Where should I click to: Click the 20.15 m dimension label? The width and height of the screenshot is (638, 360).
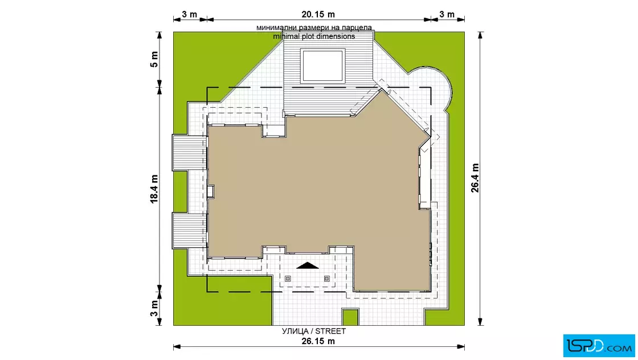(318, 14)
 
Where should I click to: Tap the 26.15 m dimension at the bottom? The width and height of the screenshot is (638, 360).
(318, 341)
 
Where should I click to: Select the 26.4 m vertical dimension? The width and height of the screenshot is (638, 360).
(475, 178)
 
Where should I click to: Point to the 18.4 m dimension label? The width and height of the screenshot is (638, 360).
(154, 189)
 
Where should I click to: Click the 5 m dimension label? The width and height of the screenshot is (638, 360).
(154, 59)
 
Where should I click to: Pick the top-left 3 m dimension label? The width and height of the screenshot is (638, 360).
(189, 14)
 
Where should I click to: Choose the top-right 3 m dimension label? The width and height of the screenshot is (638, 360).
(447, 14)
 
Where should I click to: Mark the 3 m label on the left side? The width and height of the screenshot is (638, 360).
(154, 308)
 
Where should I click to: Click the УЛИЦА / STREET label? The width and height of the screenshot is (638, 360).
(314, 331)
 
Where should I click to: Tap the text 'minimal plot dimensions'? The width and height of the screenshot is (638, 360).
(314, 36)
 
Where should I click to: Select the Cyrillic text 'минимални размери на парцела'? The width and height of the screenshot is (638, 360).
(314, 28)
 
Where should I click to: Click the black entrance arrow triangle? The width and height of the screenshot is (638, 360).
(308, 266)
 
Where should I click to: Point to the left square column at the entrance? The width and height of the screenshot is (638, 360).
(288, 279)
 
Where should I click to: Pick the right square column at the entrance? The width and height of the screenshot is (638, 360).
(327, 279)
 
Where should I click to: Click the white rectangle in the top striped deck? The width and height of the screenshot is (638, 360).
(322, 66)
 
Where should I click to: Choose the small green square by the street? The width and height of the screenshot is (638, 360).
(350, 317)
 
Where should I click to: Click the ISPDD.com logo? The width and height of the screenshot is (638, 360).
(599, 346)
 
